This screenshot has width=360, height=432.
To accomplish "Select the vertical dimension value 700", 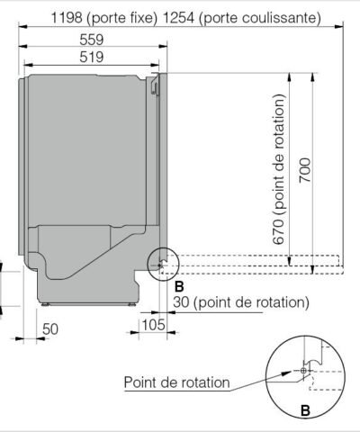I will pos(306,170).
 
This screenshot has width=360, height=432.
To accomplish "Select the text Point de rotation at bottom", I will pos(175,382).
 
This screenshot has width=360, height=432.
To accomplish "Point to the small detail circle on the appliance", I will pos(163,263).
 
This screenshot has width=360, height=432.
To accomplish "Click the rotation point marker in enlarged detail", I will pos(304,370).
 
